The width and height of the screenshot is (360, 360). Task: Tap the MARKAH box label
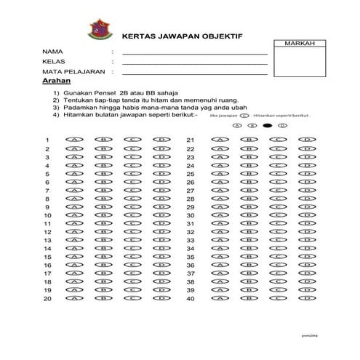300,45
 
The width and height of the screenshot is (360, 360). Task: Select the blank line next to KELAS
195,64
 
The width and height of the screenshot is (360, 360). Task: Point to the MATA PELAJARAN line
195,73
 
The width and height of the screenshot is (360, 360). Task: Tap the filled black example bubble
267,125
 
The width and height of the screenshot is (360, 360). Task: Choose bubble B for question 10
105,215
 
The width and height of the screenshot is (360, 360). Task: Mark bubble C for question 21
279,140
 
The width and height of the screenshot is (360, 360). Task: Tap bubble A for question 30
219,215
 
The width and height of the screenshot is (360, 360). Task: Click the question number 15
47,257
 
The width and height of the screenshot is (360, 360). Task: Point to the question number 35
191,257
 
